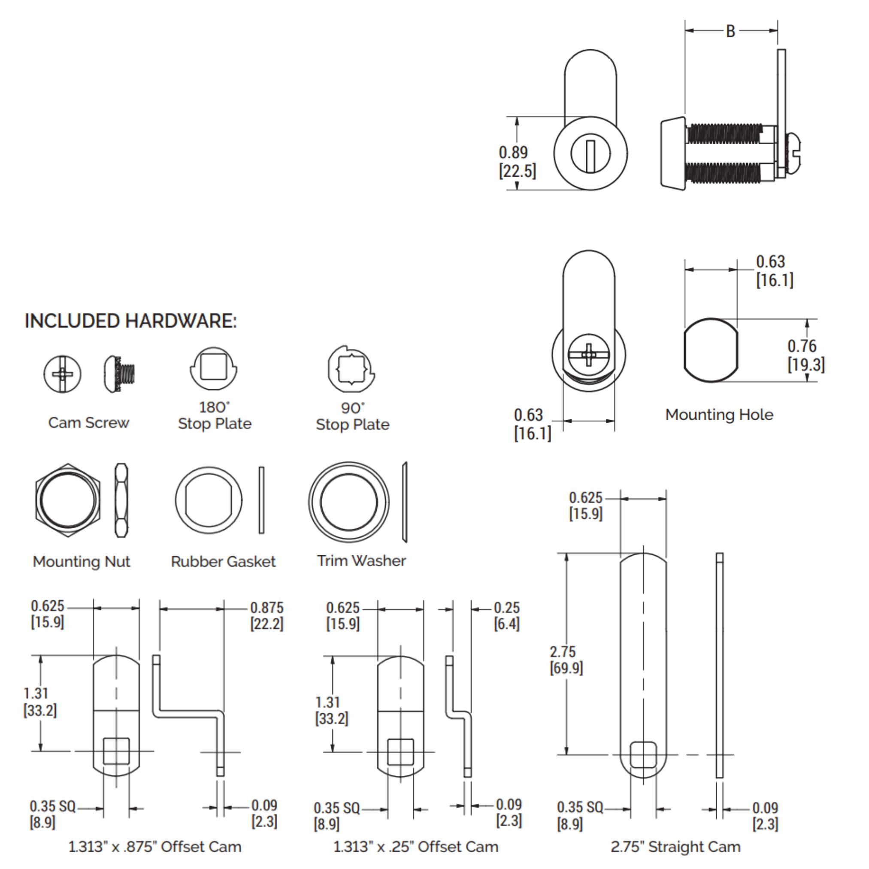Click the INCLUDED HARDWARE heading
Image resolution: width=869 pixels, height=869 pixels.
pyautogui.click(x=130, y=321)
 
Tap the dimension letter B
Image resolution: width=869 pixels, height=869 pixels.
pyautogui.click(x=730, y=31)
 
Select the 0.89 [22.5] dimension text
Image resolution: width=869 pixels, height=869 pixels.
pyautogui.click(x=517, y=162)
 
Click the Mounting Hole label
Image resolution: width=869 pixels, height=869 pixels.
pyautogui.click(x=719, y=415)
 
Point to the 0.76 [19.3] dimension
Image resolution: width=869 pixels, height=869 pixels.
pyautogui.click(x=805, y=355)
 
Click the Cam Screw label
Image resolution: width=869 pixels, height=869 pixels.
pyautogui.click(x=88, y=423)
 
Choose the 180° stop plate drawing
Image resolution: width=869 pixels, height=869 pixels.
pyautogui.click(x=213, y=368)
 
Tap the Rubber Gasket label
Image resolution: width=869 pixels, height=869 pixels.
pyautogui.click(x=223, y=561)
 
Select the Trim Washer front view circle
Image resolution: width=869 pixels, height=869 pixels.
pyautogui.click(x=348, y=502)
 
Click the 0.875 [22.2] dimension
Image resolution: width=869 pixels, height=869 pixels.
pyautogui.click(x=267, y=616)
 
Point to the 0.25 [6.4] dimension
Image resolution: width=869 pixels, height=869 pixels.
pyautogui.click(x=506, y=616)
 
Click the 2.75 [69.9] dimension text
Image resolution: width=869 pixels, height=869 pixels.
pyautogui.click(x=566, y=660)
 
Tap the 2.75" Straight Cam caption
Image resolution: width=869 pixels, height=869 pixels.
pyautogui.click(x=675, y=847)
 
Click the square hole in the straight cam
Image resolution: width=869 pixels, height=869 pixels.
pyautogui.click(x=643, y=754)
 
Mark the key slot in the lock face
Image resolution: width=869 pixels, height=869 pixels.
pyautogui.click(x=590, y=155)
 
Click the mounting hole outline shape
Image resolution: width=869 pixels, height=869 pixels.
pyautogui.click(x=711, y=350)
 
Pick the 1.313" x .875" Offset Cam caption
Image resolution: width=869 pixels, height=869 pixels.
pyautogui.click(x=155, y=847)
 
